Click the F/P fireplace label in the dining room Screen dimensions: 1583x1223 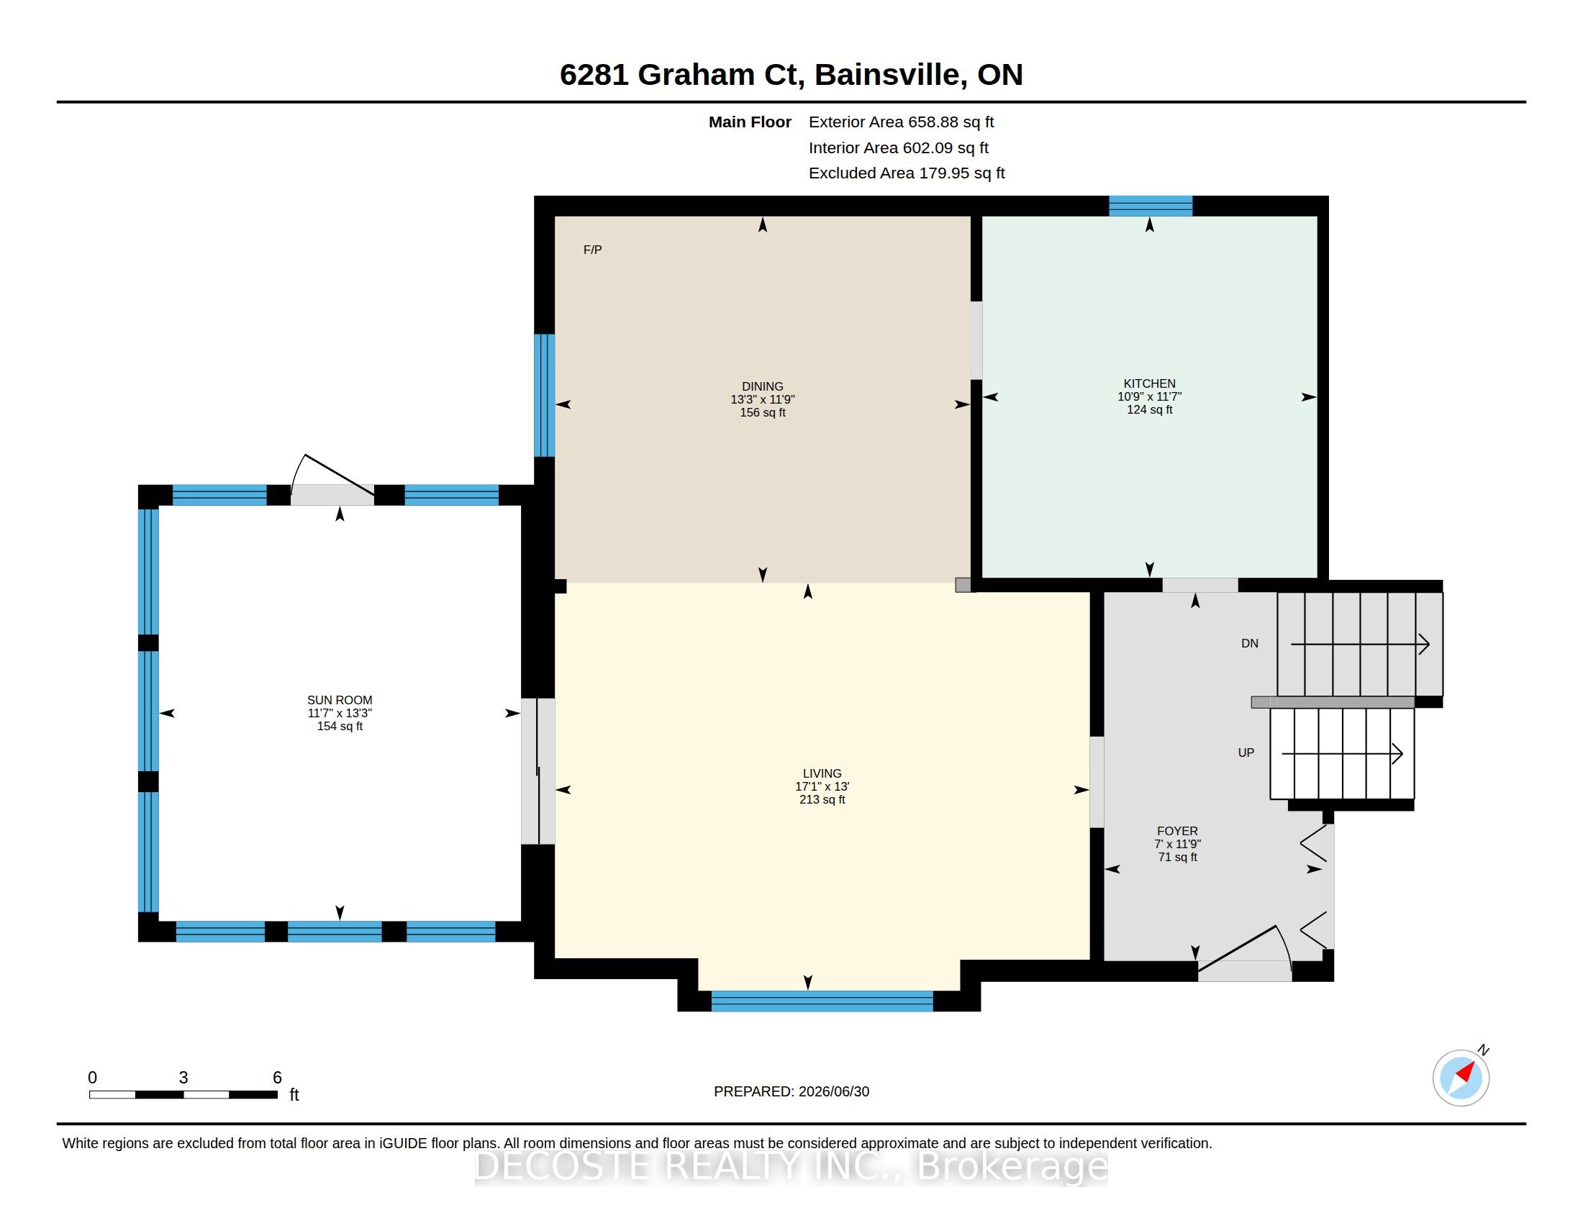[592, 250]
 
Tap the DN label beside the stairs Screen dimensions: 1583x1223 [1250, 643]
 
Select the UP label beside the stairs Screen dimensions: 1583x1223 [1246, 753]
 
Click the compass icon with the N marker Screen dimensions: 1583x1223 [1461, 1078]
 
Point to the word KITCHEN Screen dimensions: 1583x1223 [1150, 383]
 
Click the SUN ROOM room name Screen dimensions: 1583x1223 [340, 700]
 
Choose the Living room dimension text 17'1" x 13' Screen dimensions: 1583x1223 [822, 786]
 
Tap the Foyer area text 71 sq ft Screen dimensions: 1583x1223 [1178, 857]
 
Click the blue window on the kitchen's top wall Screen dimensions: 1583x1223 [1151, 206]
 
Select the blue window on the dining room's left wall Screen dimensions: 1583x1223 [545, 395]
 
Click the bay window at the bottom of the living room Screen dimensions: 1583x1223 [822, 1001]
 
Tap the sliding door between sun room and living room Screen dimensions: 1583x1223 [538, 771]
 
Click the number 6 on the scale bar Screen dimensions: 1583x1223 [277, 1078]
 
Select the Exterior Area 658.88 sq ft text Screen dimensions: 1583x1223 [901, 122]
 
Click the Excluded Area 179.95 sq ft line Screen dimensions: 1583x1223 [907, 173]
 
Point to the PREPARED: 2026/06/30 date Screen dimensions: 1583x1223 [792, 1091]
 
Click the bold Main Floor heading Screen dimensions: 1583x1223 [750, 122]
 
